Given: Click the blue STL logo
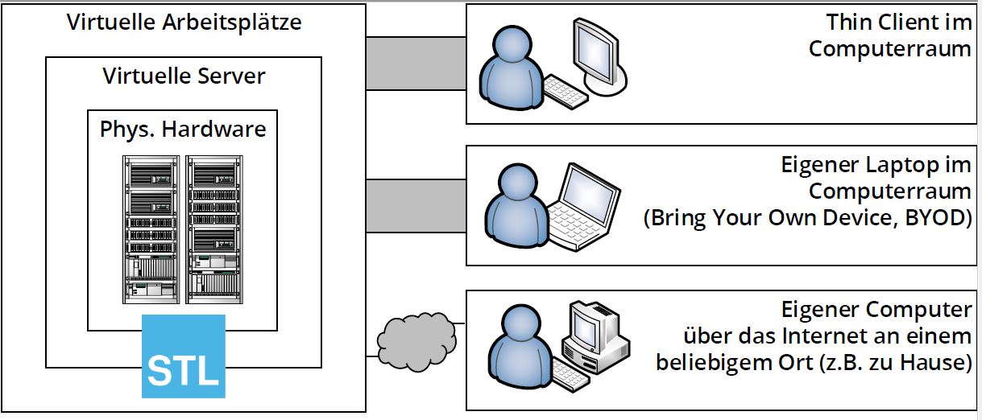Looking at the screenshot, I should click(184, 356).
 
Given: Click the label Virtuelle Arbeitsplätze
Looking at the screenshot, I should click(184, 22).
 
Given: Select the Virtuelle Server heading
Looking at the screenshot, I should click(184, 76).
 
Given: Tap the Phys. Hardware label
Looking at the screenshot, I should click(183, 129).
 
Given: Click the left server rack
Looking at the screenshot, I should click(151, 229).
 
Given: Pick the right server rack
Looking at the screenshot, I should click(214, 229).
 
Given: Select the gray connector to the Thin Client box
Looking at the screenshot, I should click(416, 63).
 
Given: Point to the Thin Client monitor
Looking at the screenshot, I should click(598, 55).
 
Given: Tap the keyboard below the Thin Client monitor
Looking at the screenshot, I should click(566, 92).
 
